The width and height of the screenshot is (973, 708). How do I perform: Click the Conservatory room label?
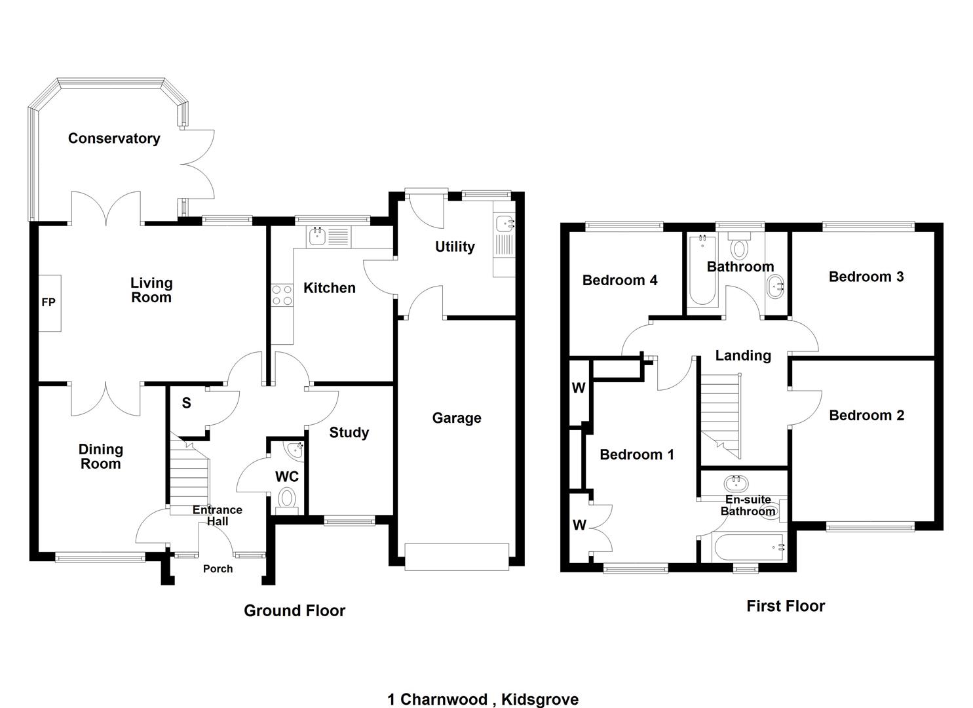pyautogui.click(x=114, y=138)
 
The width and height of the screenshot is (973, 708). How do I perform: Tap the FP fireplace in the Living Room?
pyautogui.click(x=49, y=303)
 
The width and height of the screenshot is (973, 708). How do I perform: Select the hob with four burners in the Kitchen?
pyautogui.click(x=282, y=294)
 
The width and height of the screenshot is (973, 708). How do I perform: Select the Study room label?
pyautogui.click(x=349, y=433)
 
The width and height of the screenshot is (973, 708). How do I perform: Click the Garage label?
pyautogui.click(x=457, y=418)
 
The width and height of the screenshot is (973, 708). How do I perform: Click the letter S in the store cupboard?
pyautogui.click(x=187, y=403)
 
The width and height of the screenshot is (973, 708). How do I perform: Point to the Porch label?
pyautogui.click(x=218, y=569)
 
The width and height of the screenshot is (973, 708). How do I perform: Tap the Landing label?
pyautogui.click(x=742, y=355)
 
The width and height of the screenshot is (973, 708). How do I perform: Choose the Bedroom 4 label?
pyautogui.click(x=620, y=281)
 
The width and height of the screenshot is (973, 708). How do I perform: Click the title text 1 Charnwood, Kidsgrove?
pyautogui.click(x=483, y=699)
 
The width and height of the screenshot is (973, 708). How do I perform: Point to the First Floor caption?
pyautogui.click(x=785, y=606)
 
